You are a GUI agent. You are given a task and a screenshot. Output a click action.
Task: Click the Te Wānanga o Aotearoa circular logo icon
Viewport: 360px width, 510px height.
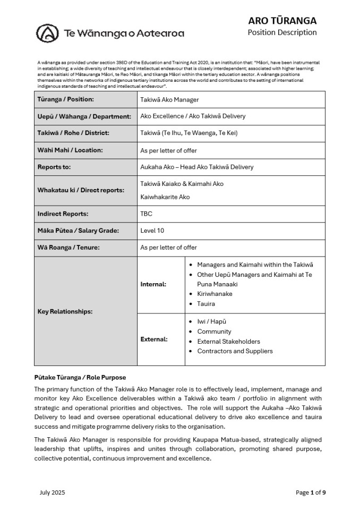pos(47,33)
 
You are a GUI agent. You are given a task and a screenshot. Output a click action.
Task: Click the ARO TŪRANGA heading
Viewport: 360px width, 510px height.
pos(282,21)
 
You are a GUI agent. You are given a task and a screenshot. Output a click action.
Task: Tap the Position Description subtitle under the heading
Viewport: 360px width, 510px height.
pos(282,32)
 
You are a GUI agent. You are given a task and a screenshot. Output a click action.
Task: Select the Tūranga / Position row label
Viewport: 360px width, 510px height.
pos(65,99)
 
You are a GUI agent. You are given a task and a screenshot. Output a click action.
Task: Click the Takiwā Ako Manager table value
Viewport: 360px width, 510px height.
pos(169,99)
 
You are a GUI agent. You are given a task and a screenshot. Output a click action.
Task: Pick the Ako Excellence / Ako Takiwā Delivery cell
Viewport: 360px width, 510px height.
pos(193,116)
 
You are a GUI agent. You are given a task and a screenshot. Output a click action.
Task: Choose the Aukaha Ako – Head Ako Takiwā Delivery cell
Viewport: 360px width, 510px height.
pos(196,167)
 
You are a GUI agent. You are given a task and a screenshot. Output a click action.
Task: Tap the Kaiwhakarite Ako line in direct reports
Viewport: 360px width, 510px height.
pos(165,197)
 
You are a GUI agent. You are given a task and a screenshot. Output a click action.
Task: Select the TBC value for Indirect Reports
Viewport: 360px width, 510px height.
pos(146,214)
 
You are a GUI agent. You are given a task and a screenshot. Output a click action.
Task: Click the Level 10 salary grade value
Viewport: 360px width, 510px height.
pos(153,231)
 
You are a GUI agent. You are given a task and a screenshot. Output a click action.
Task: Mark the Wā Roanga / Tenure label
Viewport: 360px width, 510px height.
pos(68,248)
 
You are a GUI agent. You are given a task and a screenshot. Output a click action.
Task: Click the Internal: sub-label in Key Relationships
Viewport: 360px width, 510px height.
pos(153,284)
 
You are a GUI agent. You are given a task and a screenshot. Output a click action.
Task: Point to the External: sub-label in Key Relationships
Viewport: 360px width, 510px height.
pos(154,339)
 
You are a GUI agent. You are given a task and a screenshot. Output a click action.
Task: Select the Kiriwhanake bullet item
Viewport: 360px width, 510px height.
pos(215,294)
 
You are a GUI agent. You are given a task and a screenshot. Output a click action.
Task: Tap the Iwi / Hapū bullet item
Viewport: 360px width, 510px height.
pos(212,321)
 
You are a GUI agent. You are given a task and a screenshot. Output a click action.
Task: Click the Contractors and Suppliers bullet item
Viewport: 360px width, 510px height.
pos(235,351)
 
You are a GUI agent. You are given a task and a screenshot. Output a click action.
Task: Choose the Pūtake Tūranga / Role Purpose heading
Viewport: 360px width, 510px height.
pos(80,377)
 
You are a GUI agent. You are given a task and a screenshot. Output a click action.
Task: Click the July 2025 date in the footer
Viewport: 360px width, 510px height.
pos(52,492)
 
